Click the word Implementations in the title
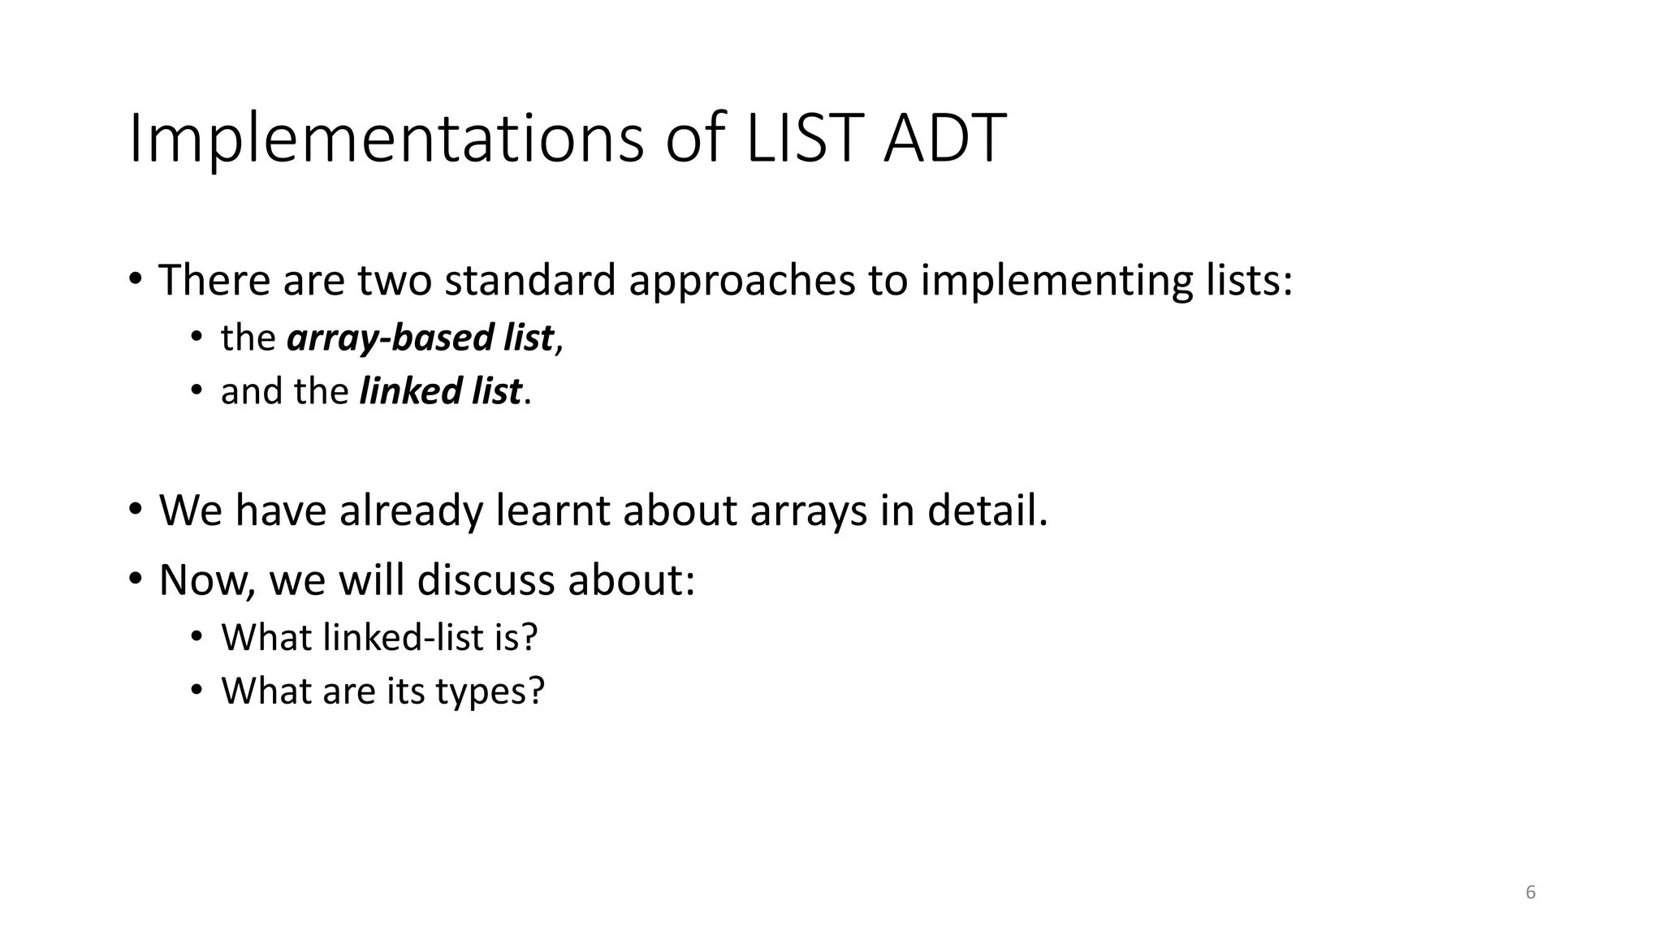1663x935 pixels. (386, 140)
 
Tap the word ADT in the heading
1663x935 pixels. (944, 140)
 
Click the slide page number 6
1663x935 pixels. (1531, 892)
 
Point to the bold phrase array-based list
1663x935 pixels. (420, 338)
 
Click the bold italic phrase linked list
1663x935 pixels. (440, 391)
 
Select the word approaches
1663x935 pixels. (741, 282)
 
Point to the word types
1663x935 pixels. (489, 692)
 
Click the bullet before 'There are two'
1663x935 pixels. (135, 280)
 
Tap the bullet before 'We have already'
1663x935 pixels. (135, 511)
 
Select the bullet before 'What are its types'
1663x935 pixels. (196, 691)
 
